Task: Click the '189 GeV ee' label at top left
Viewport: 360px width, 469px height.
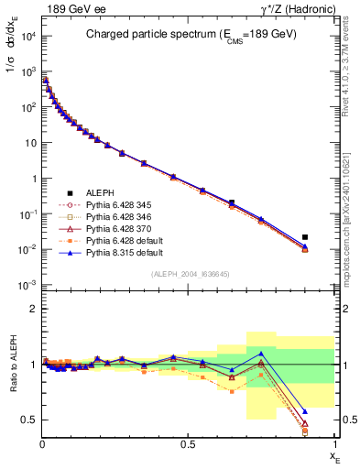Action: [x=72, y=10]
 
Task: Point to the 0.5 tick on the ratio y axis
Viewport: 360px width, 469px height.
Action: [x=29, y=420]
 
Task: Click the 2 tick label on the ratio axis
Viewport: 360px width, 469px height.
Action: [x=33, y=309]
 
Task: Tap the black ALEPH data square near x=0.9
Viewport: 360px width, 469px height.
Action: [x=305, y=237]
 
